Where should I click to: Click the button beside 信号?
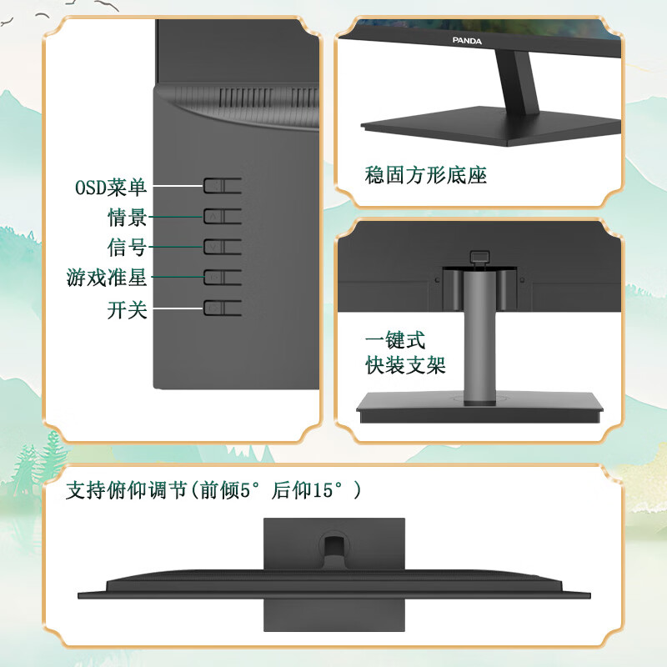point(223,247)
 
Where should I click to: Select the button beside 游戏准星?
point(223,277)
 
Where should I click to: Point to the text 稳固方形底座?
point(426,176)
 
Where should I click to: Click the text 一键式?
point(395,341)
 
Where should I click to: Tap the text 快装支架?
point(406,365)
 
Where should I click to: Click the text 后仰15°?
point(310,490)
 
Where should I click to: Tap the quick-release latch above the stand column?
point(478,258)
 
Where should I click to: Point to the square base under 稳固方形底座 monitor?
point(492,130)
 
